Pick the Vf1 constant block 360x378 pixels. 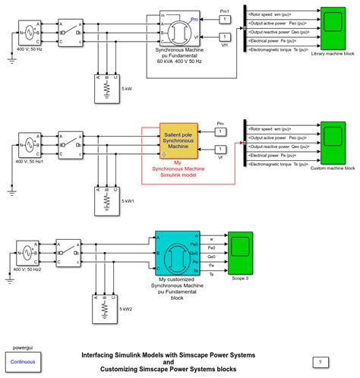[225, 36]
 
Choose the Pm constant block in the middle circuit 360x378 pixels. [220, 134]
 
